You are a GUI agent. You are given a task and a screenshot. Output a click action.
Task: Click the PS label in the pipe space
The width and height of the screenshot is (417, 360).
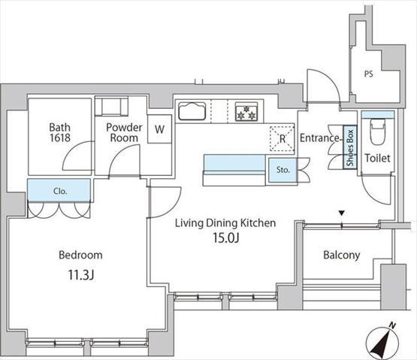coord(369,74)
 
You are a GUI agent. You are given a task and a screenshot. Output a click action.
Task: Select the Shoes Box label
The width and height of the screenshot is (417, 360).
coord(350,147)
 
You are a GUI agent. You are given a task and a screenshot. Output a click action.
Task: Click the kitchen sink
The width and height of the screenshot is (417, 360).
coord(192,110)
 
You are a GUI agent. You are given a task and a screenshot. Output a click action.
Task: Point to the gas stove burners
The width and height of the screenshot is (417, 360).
coord(246,112)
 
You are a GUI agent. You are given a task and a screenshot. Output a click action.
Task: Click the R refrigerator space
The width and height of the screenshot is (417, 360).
coord(283,139)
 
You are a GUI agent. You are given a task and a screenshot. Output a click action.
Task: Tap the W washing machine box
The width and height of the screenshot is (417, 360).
coord(159,129)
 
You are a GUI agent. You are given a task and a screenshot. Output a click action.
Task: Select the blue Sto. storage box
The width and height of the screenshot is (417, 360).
coord(283,170)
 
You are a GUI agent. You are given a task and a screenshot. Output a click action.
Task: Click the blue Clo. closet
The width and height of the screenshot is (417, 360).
coord(59,190)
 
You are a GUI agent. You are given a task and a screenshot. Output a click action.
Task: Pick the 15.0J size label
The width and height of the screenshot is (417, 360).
coord(226,237)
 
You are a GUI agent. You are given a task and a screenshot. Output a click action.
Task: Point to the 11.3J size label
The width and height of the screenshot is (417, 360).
coord(81,275)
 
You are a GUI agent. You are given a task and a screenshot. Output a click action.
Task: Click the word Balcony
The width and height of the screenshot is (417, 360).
coord(342,256)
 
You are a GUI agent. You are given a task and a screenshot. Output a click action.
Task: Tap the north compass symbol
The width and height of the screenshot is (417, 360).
coord(382,341)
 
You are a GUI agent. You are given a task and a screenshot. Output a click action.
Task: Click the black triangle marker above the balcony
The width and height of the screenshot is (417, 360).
coord(342,213)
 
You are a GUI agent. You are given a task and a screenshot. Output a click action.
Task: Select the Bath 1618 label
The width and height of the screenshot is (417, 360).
coord(60,132)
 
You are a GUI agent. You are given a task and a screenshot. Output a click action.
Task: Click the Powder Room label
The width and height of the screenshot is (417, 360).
coord(124,132)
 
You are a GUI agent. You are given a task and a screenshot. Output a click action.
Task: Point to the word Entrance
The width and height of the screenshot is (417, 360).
coord(319,138)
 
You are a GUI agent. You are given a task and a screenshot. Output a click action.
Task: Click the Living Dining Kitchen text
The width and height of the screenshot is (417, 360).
coord(225,223)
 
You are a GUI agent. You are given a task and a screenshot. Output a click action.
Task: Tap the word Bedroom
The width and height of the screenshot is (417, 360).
coord(80,255)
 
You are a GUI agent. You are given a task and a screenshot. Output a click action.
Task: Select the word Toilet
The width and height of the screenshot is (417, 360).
coord(377,159)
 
